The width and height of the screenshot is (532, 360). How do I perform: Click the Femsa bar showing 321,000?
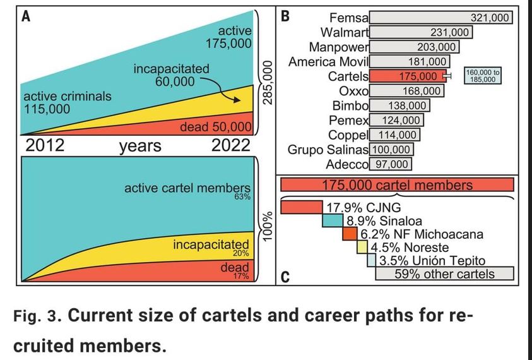441,18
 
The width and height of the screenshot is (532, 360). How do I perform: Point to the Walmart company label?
345,32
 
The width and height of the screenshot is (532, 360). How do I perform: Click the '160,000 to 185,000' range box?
483,76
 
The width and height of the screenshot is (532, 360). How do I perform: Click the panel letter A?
27,17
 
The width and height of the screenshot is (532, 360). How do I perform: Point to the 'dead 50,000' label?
216,127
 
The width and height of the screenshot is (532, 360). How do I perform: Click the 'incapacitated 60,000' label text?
171,74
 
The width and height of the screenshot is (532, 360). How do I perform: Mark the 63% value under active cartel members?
243,198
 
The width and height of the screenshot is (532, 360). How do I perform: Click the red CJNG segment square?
302,207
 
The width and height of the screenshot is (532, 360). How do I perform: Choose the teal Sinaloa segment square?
333,220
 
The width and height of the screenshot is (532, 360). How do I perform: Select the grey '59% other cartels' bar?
444,273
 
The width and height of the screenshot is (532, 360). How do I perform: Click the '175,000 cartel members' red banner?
397,185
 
